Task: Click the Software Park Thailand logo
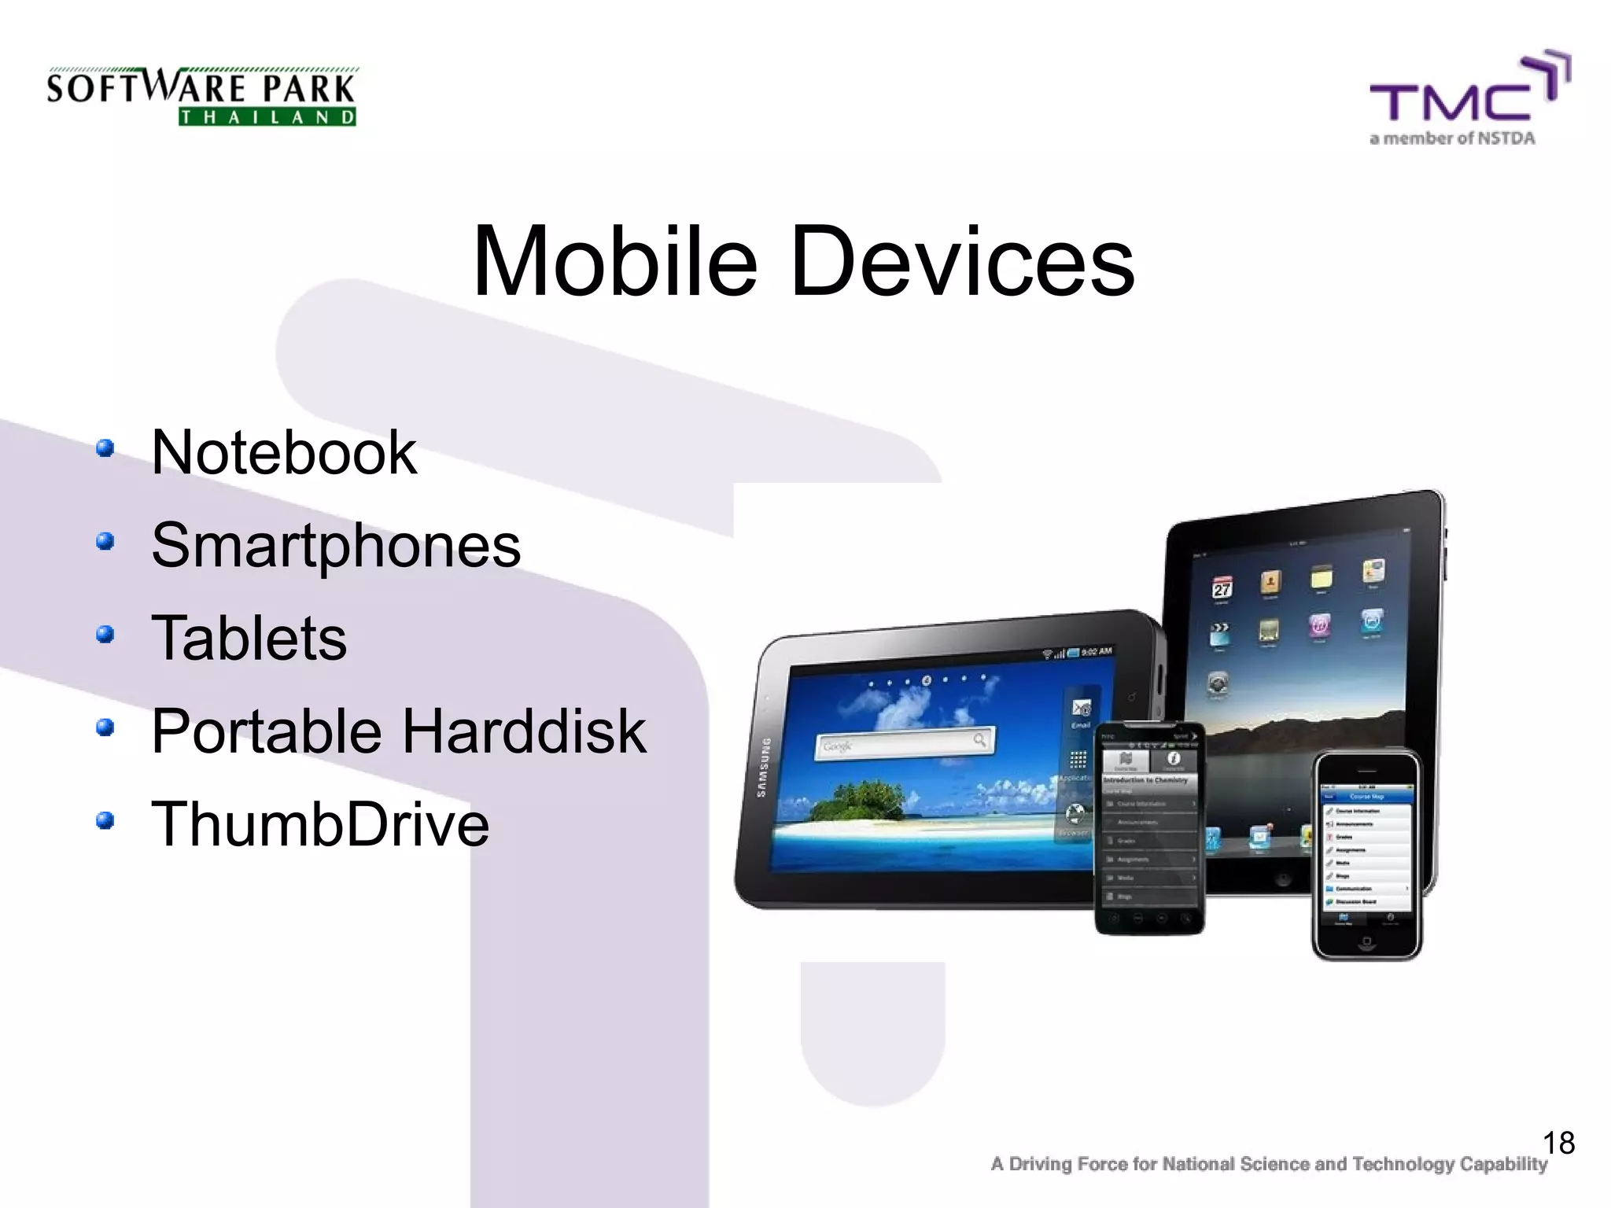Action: click(201, 97)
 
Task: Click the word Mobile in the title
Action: click(614, 261)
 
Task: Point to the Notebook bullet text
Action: click(283, 453)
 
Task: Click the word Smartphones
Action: click(336, 545)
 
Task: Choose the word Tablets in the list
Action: click(249, 638)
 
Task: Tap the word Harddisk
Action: click(524, 731)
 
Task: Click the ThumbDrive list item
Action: click(319, 824)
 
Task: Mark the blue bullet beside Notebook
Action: click(105, 449)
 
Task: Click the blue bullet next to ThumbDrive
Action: click(105, 820)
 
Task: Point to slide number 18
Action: click(1558, 1143)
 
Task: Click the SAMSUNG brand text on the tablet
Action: click(761, 767)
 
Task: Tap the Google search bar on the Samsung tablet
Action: click(905, 742)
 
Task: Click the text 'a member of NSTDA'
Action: click(1452, 139)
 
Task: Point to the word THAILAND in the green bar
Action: click(267, 118)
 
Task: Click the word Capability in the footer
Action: click(1503, 1164)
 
